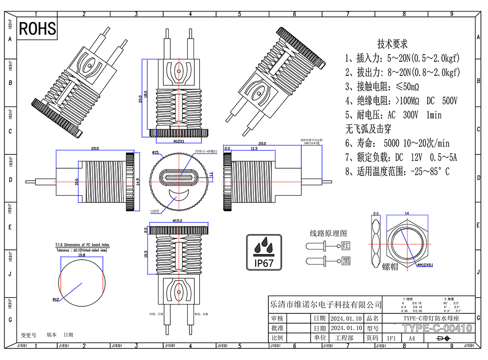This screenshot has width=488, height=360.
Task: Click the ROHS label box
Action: [x=38, y=29]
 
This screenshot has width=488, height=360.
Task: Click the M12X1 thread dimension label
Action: [x=178, y=142]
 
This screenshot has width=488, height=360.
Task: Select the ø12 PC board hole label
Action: [x=56, y=300]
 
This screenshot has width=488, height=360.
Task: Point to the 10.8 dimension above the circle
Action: [x=82, y=255]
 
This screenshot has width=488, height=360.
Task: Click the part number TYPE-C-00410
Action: [x=437, y=328]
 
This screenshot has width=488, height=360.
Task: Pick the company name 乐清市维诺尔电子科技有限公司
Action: [x=326, y=305]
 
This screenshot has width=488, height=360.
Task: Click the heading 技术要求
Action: [x=392, y=44]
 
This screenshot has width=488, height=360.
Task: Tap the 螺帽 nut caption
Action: [x=390, y=266]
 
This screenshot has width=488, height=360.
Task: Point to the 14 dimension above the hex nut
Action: [x=407, y=214]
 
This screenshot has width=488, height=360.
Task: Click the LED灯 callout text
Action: [x=155, y=211]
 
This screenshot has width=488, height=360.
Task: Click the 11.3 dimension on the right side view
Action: [x=254, y=149]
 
